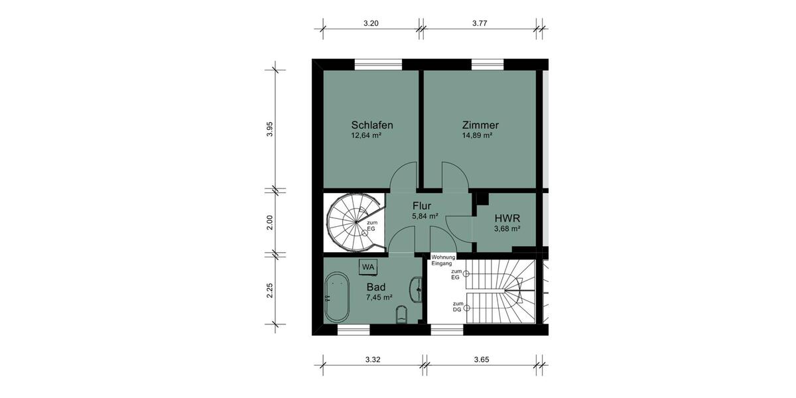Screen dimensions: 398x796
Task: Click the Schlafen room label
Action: (372, 125)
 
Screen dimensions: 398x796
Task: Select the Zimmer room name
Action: (480, 125)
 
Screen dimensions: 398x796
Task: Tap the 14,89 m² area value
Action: (477, 136)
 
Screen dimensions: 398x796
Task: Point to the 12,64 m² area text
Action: (366, 136)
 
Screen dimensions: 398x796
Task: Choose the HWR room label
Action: (507, 218)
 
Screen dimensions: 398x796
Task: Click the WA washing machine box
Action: (368, 267)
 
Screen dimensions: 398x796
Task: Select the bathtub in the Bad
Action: (338, 298)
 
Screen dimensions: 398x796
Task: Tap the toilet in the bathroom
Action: (402, 314)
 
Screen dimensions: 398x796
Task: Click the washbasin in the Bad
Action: (417, 289)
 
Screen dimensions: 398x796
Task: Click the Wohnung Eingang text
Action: (443, 260)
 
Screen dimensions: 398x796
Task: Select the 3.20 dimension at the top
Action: (371, 23)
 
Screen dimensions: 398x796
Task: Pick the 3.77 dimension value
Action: (480, 23)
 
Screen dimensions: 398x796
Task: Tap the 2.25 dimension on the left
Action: (270, 290)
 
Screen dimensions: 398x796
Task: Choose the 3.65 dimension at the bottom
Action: (482, 360)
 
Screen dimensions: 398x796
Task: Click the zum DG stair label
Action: (458, 307)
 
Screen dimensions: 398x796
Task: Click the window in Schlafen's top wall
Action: (378, 64)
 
